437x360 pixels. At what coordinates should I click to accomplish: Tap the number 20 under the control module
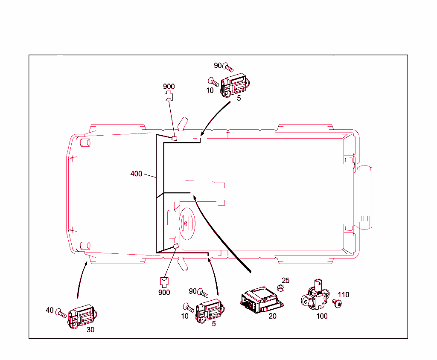coord(273,316)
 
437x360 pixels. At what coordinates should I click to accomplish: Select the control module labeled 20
coord(261,300)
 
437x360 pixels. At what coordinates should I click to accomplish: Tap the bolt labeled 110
coord(338,303)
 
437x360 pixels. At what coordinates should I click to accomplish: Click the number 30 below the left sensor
coord(90,329)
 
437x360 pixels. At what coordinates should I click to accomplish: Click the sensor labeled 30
coord(83,316)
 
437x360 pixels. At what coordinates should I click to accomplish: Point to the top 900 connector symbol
coord(169,96)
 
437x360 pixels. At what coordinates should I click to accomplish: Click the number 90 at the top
coord(218,65)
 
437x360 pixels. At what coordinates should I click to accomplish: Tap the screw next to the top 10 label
coord(213,82)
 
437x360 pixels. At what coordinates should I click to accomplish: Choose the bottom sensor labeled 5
coord(210,310)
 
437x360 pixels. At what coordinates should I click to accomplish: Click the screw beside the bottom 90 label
coord(202,293)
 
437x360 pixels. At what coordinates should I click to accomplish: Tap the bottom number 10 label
coord(184,316)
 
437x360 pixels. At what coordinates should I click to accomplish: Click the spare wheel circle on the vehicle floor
coord(186,222)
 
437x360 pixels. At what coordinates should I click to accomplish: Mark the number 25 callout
coord(286,280)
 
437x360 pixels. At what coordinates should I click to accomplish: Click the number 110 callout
coord(344,295)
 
